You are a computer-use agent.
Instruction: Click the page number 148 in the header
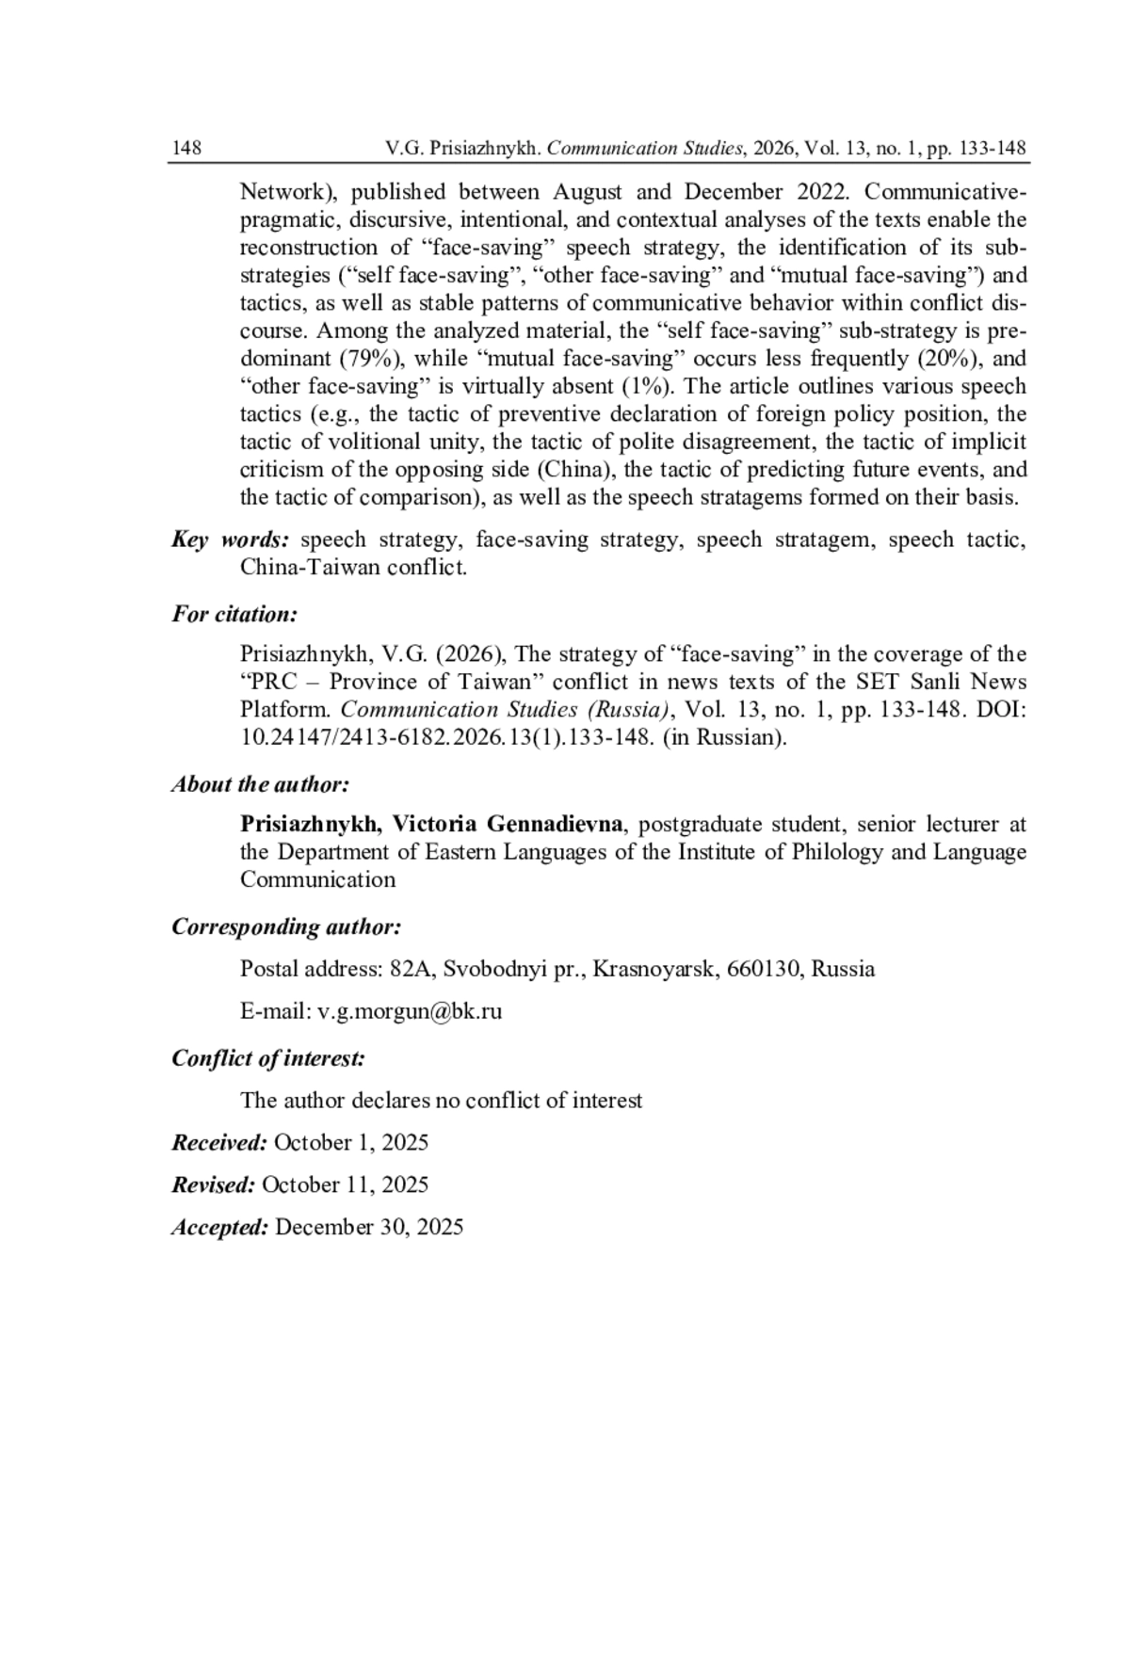pos(186,149)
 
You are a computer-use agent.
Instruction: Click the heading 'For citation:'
pos(234,615)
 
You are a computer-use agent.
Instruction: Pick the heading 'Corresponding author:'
pos(286,927)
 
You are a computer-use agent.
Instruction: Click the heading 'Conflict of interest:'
pos(268,1058)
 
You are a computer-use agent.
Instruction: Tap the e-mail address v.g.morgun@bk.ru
pos(410,1011)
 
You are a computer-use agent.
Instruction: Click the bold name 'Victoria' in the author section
pos(435,825)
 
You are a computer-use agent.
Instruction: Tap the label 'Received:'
pos(219,1143)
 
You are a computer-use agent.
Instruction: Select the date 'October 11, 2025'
pos(345,1184)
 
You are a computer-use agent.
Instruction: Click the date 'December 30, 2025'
pos(369,1227)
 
